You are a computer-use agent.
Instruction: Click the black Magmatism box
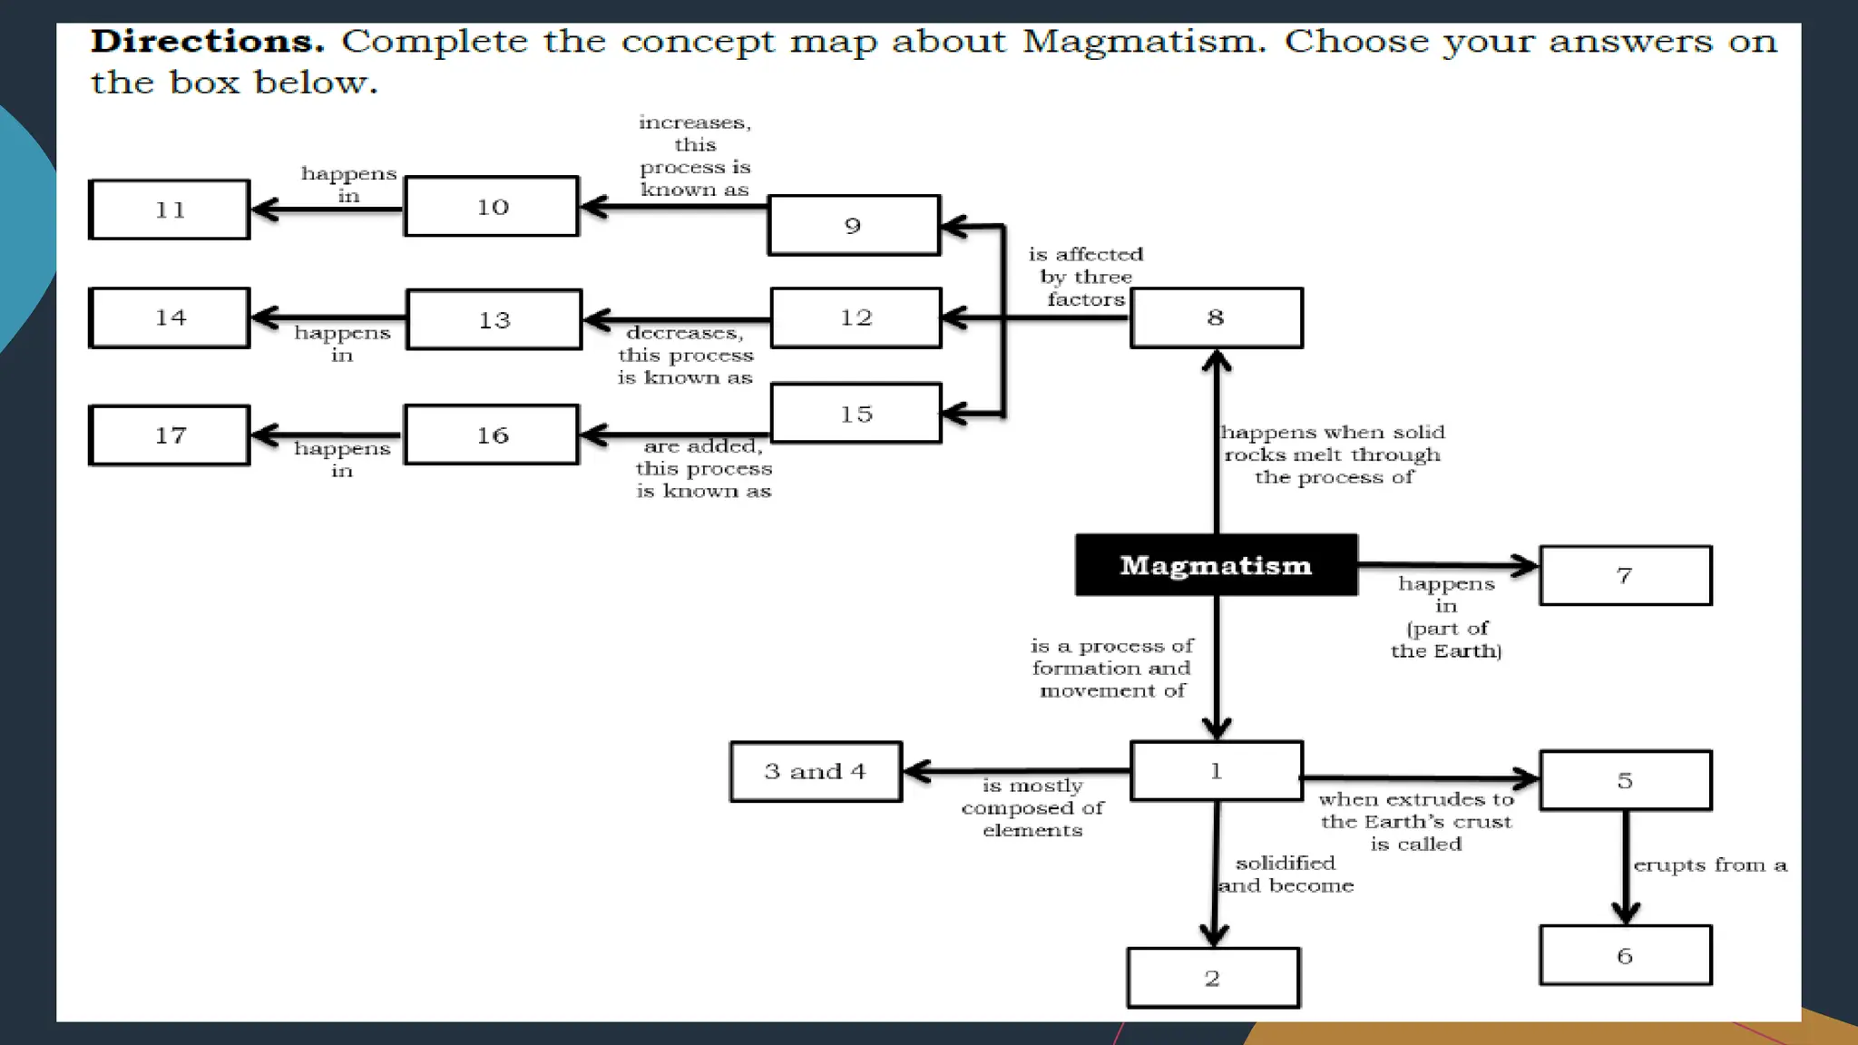click(x=1216, y=565)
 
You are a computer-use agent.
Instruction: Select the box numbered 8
click(x=1216, y=317)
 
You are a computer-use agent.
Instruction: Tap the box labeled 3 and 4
click(x=816, y=771)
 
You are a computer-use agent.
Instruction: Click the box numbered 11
click(x=170, y=210)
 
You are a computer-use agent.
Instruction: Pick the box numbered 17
click(x=170, y=435)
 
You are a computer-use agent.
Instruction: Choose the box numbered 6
click(x=1625, y=955)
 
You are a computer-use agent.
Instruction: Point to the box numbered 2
click(x=1213, y=978)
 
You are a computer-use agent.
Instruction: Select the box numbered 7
click(x=1625, y=575)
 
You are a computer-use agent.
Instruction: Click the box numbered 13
click(x=494, y=319)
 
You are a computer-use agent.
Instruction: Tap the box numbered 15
click(x=856, y=414)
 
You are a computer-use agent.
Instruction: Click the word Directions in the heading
click(x=208, y=42)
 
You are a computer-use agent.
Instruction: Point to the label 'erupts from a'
click(x=1709, y=865)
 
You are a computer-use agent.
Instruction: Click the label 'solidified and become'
click(x=1286, y=874)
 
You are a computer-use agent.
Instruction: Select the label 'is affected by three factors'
click(x=1086, y=277)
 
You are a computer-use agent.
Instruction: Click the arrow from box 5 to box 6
click(x=1625, y=866)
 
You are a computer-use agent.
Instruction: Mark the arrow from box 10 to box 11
click(x=327, y=210)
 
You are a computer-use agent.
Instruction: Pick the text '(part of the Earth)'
click(x=1446, y=640)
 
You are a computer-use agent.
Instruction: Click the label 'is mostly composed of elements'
click(x=1032, y=807)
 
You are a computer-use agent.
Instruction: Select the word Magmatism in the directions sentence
click(x=1143, y=42)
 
